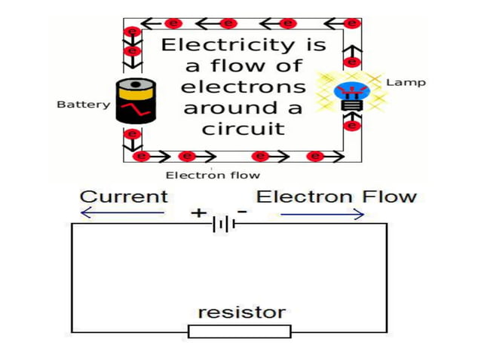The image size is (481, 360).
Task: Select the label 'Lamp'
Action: (x=405, y=82)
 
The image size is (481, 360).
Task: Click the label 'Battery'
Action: (x=83, y=105)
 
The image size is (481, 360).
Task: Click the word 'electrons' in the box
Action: (x=243, y=86)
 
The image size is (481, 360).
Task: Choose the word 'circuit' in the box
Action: (x=243, y=128)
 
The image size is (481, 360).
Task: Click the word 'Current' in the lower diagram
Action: (x=124, y=197)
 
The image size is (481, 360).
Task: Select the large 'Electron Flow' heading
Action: (x=336, y=197)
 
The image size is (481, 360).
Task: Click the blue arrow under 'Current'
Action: (x=122, y=214)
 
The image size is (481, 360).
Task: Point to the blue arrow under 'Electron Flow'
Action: (x=323, y=214)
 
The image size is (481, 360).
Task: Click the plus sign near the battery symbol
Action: (x=198, y=213)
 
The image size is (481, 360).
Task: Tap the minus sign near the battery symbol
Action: (x=242, y=212)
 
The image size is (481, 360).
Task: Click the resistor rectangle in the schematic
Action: (x=239, y=331)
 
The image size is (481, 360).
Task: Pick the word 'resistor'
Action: (x=241, y=311)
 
